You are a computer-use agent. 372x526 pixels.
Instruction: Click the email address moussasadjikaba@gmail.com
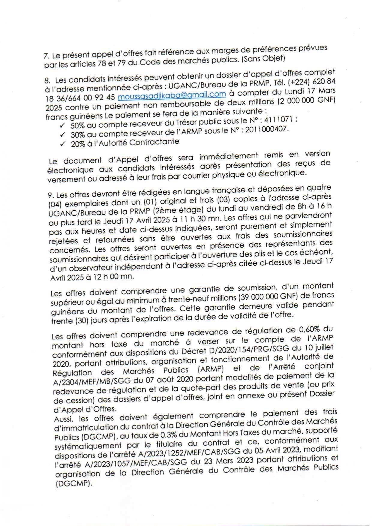172,95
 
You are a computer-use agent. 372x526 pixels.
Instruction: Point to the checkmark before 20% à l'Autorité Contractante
63,144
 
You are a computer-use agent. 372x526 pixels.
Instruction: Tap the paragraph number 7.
46,56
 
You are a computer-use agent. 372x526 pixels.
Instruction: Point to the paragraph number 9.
50,195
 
